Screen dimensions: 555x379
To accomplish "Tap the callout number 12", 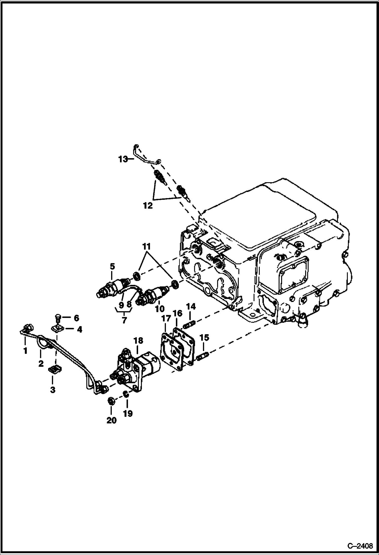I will [148, 206].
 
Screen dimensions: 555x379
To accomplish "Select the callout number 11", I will [146, 246].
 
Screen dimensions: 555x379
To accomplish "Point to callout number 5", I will [112, 266].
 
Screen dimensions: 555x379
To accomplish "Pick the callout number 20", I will [111, 420].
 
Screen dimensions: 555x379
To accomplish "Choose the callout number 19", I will [128, 414].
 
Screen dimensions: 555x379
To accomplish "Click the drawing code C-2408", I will [360, 546].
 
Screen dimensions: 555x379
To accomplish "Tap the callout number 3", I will [52, 390].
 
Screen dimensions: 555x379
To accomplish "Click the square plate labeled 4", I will [57, 329].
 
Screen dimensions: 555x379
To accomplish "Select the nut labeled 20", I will [111, 401].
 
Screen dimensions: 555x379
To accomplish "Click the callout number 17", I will [166, 319].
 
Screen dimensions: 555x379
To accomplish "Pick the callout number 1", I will [25, 351].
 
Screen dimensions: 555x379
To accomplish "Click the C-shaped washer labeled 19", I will [127, 394].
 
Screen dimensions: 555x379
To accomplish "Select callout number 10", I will [160, 309].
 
